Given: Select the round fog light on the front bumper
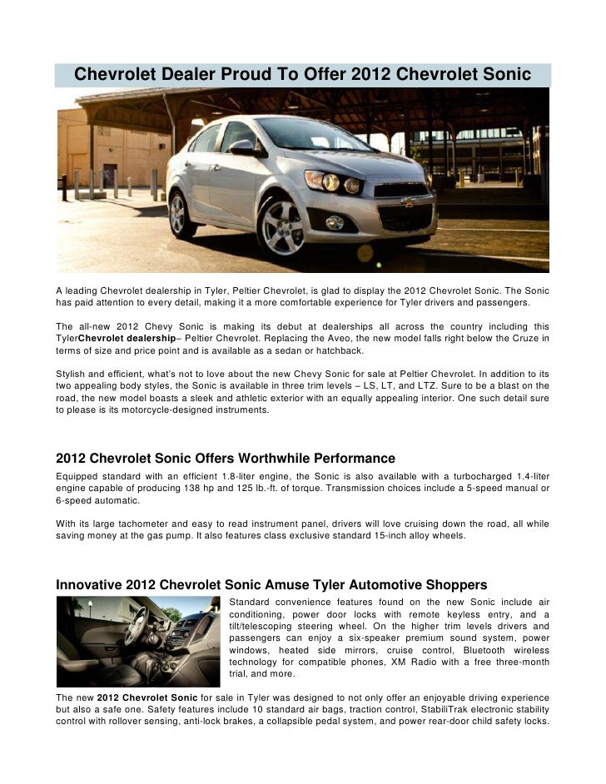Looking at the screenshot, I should pyautogui.click(x=335, y=222).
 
